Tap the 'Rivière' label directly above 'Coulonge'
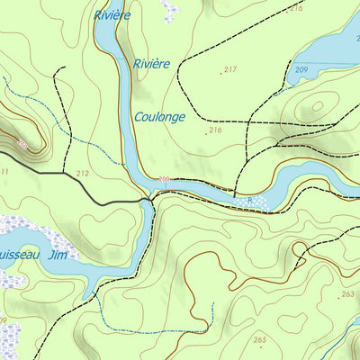(151, 64)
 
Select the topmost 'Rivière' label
(112, 15)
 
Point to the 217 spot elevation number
(229, 69)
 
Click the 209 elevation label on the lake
(301, 69)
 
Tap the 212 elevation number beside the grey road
(83, 173)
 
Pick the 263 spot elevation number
(347, 294)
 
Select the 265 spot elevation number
(260, 339)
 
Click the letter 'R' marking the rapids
(238, 200)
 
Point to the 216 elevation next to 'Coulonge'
(215, 130)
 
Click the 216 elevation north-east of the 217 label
(296, 7)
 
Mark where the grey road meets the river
(148, 201)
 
